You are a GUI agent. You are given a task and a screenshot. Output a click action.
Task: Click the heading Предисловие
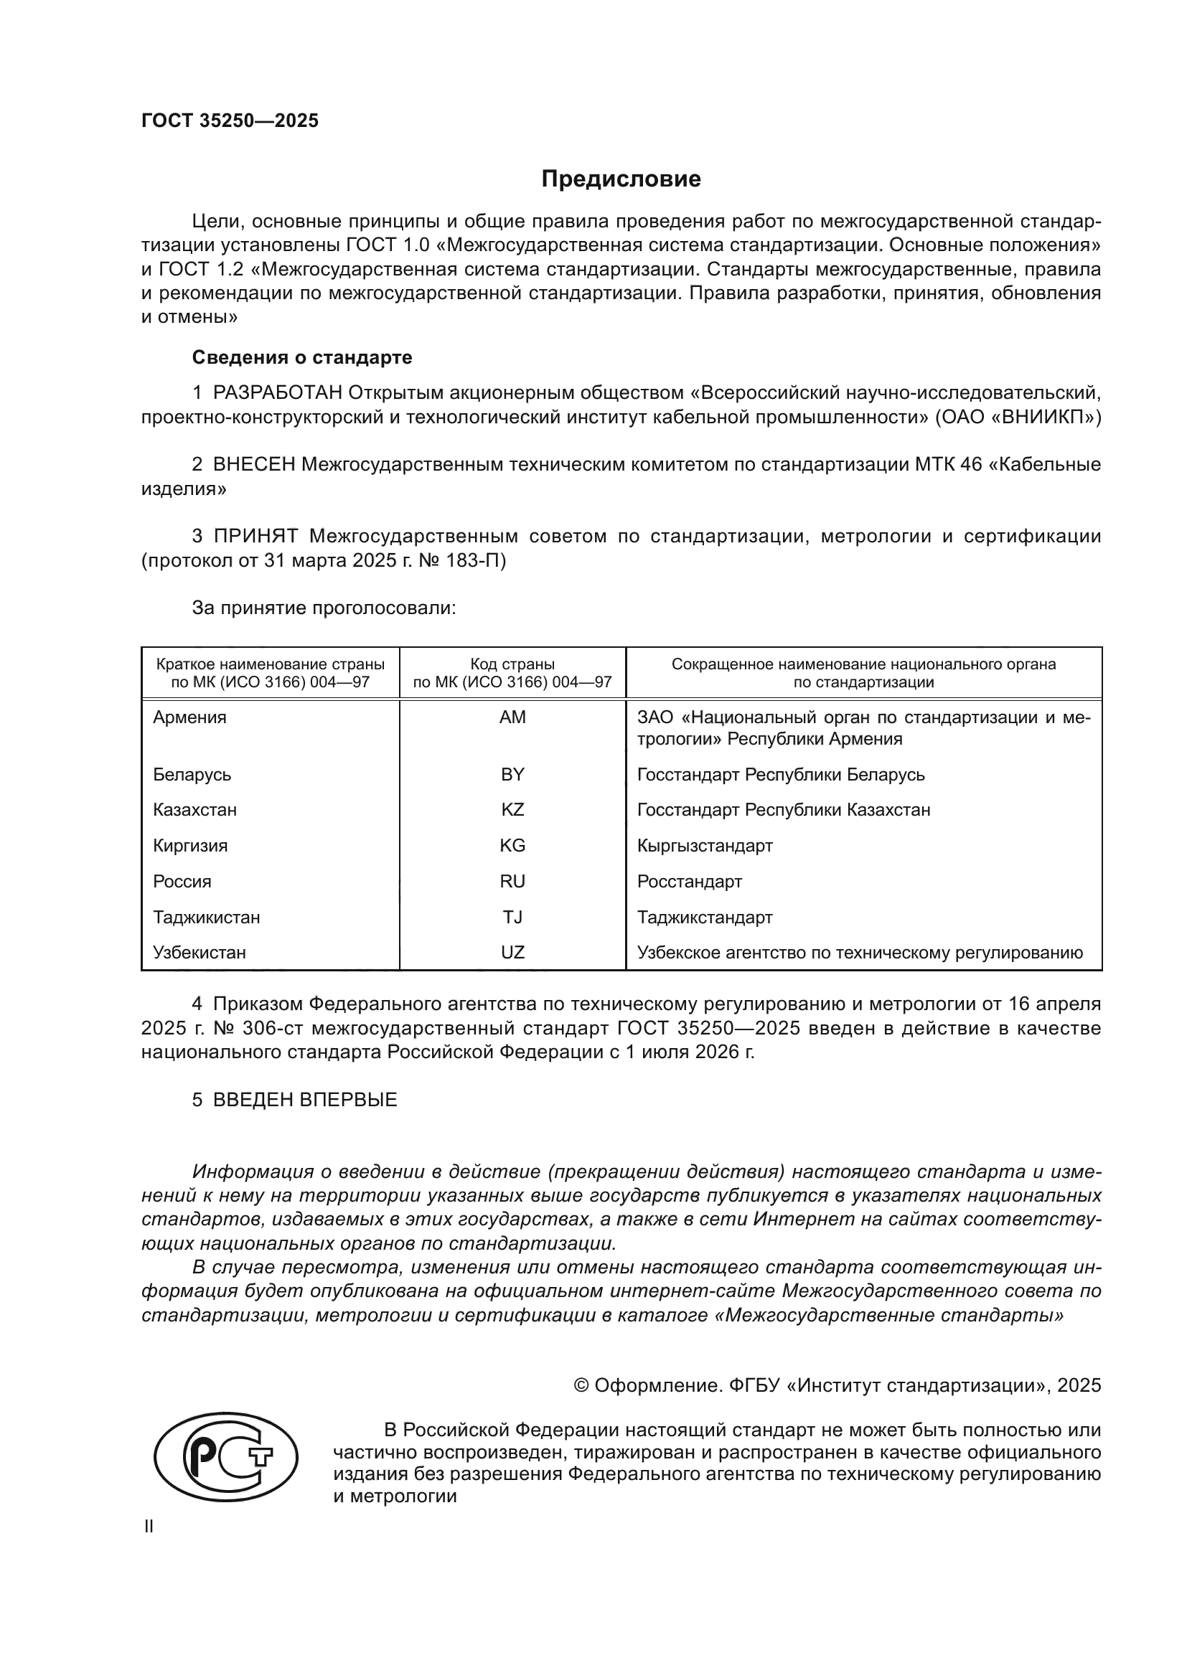[621, 179]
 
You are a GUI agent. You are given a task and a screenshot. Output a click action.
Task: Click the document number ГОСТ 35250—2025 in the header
[230, 121]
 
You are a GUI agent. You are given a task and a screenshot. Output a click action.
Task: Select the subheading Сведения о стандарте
[302, 357]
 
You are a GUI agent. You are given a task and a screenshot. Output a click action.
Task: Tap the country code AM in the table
[512, 717]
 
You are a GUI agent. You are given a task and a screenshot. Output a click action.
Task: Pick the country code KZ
[512, 810]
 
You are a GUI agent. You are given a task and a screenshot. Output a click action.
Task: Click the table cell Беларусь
[192, 774]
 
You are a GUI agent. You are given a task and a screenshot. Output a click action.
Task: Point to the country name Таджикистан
[206, 918]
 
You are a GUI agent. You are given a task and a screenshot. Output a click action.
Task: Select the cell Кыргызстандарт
[705, 846]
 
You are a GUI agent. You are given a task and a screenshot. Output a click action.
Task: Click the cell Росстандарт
[689, 882]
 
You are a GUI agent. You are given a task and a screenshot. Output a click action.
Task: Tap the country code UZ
[512, 952]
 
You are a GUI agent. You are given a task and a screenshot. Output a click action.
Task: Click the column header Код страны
[512, 664]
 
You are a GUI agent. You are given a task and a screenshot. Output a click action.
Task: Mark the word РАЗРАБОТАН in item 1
[278, 393]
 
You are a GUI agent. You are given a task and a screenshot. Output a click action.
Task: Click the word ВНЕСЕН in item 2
[254, 465]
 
